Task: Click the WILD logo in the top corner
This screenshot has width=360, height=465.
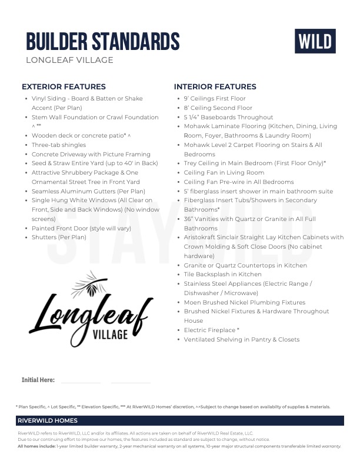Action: pos(315,41)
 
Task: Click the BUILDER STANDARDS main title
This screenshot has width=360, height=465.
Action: pos(103,42)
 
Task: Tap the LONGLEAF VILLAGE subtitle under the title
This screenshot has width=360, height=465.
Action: pos(69,60)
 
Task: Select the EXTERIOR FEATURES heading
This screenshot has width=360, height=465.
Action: pos(64,86)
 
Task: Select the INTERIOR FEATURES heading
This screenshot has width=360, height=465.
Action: pos(215,86)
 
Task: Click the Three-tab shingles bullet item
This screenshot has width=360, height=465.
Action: pos(59,145)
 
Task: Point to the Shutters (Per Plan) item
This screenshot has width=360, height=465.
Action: pos(59,237)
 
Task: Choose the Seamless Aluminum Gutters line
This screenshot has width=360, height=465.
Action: pos(88,191)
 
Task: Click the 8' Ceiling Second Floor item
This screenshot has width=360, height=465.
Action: pos(218,108)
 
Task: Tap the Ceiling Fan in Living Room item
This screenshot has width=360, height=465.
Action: pos(224,173)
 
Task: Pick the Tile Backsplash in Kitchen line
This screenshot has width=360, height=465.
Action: pos(222,275)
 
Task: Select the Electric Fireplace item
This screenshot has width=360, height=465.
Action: pos(211,330)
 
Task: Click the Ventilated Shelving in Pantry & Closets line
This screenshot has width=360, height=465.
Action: pos(241,340)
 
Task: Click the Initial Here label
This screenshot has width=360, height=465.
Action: pos(38,380)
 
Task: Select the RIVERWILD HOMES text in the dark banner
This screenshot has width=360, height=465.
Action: pos(48,420)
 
